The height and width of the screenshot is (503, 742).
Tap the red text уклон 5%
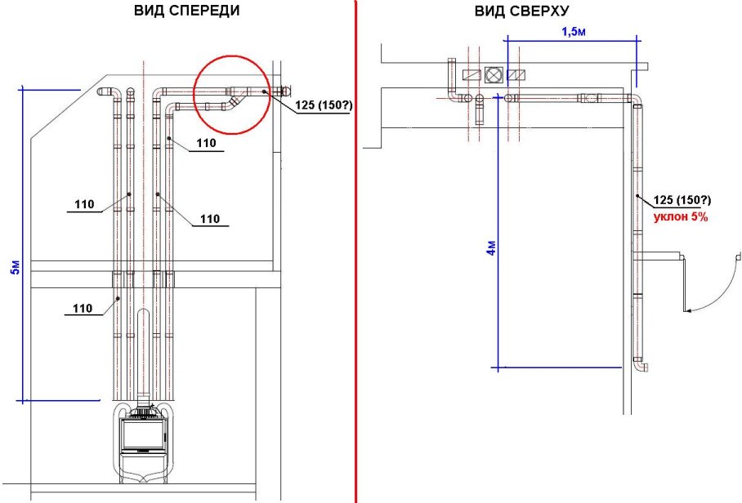(x=680, y=218)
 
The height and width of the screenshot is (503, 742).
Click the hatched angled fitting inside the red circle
(x=234, y=103)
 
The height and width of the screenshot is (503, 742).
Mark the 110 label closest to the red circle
(x=205, y=144)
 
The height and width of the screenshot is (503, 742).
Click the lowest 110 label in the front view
(x=82, y=308)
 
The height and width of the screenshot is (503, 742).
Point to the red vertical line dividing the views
(x=356, y=245)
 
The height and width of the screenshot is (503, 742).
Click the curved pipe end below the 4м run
(x=643, y=367)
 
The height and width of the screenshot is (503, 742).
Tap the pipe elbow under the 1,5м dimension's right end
(x=636, y=99)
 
